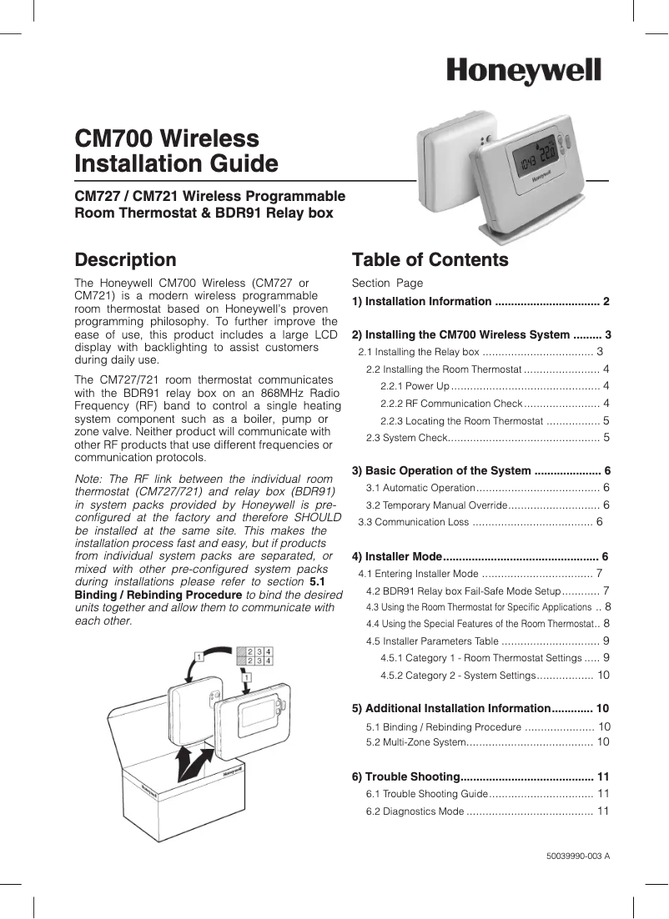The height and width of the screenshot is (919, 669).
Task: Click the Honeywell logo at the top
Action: (523, 72)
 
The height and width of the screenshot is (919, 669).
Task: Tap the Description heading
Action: (125, 260)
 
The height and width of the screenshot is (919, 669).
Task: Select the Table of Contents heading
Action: (430, 260)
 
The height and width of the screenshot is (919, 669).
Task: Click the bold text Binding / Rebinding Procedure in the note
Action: (158, 595)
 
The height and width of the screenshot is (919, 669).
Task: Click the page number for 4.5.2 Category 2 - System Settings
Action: (603, 675)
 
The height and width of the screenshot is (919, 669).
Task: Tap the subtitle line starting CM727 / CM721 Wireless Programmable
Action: (209, 197)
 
